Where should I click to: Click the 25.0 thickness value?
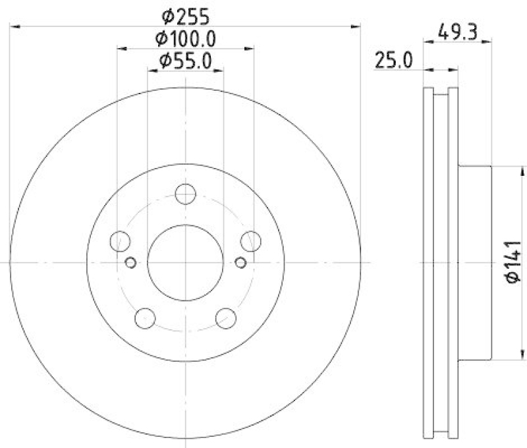point(393,61)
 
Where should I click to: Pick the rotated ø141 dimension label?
point(513,263)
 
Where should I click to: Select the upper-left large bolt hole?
point(121,241)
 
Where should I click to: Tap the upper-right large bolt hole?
point(250,241)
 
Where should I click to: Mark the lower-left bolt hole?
point(145,318)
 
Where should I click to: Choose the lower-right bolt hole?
point(226,318)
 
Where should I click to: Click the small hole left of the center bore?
point(130,263)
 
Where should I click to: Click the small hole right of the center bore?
point(240,263)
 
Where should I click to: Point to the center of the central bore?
point(186,262)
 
